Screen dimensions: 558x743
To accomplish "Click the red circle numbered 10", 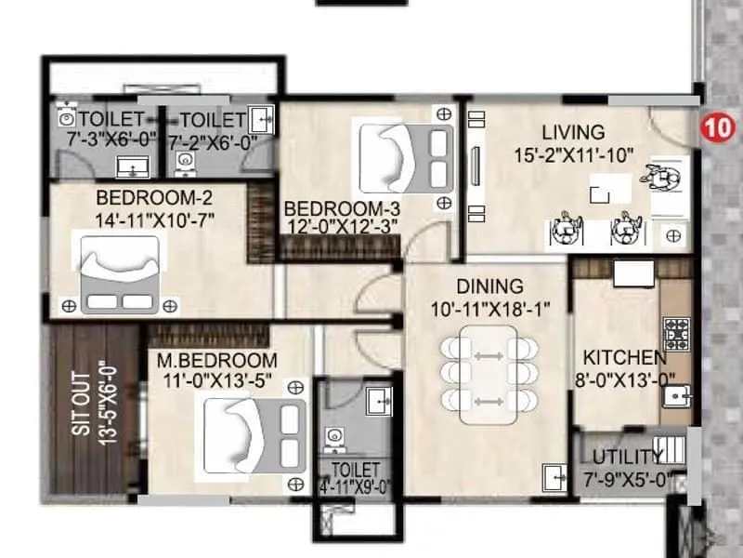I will point(714,126).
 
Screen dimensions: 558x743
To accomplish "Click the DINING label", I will point(489,286).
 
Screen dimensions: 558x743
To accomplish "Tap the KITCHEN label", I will point(623,357).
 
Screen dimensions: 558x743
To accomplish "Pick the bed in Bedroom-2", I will point(119,273).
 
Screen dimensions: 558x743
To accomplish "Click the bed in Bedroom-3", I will point(401,159).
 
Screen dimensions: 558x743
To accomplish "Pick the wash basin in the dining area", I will point(554,477).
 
